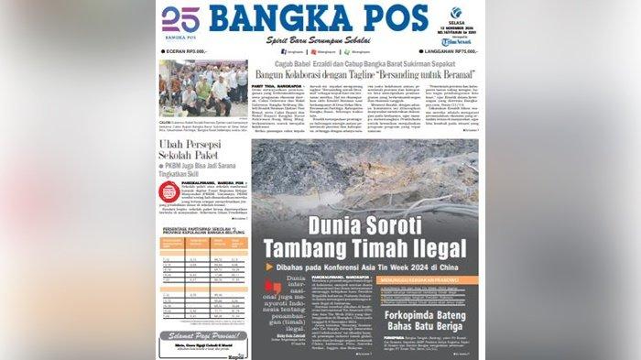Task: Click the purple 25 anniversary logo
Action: pos(179,20)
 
